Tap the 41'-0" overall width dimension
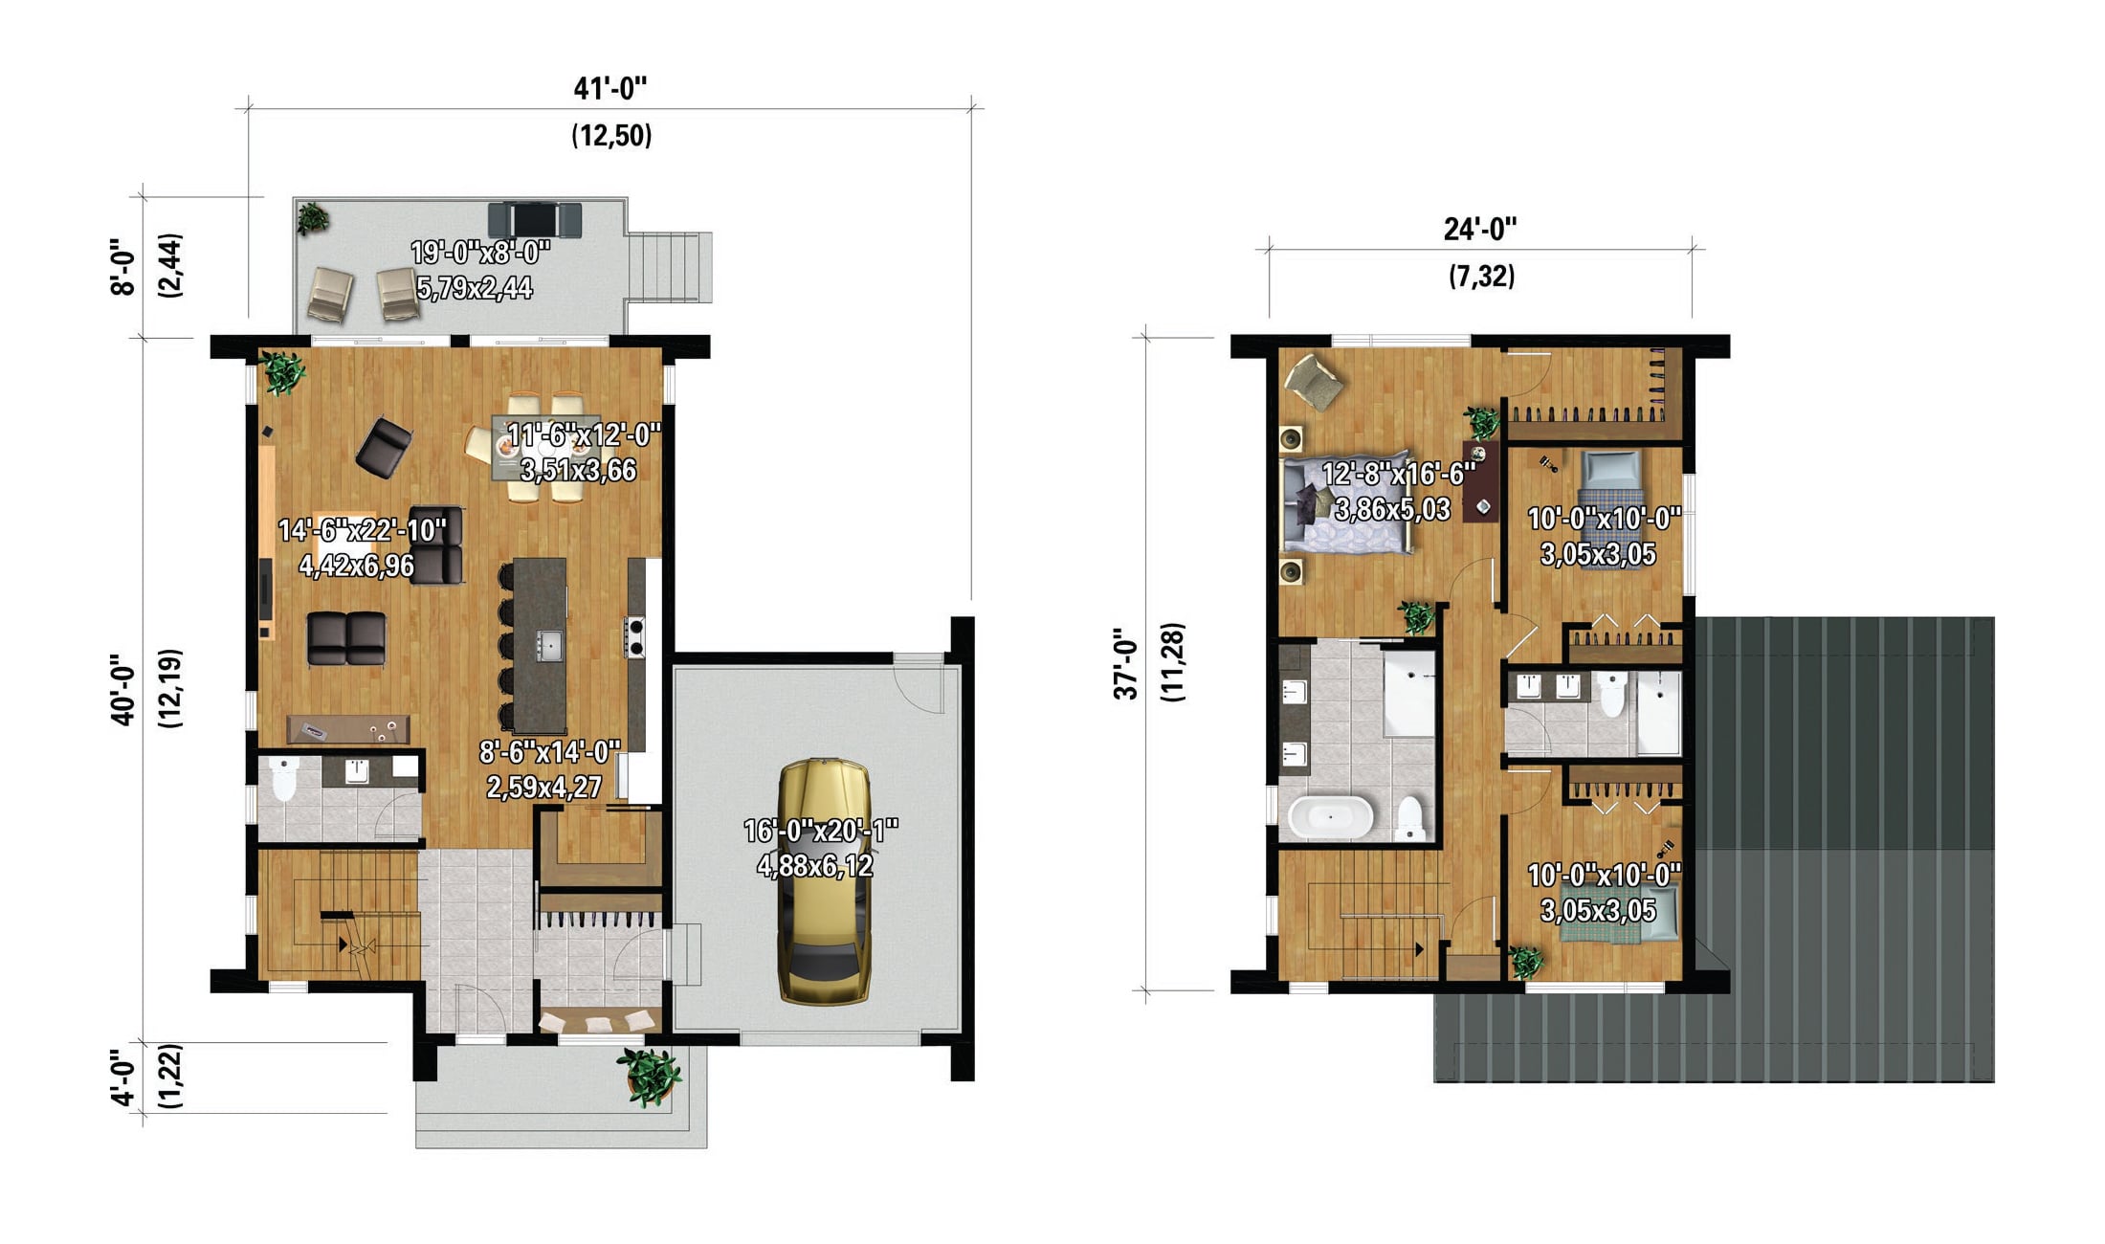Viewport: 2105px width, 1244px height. (610, 89)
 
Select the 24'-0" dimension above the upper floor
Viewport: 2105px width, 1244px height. (1480, 230)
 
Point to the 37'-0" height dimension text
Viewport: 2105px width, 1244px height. (1126, 664)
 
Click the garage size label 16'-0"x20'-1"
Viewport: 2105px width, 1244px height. (821, 831)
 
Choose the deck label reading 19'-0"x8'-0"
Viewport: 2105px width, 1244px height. (480, 253)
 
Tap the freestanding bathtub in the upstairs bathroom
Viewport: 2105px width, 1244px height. (1330, 818)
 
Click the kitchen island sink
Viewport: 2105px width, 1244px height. (549, 645)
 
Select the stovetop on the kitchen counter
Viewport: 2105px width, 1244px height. (635, 636)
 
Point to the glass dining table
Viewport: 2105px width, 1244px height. (542, 447)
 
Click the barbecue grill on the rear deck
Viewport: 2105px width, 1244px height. (534, 219)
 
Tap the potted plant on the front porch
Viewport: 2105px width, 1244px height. (650, 1075)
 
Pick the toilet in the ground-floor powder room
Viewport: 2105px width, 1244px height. (283, 779)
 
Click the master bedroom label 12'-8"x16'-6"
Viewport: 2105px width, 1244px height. (1398, 474)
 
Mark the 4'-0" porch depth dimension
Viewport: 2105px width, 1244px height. (122, 1078)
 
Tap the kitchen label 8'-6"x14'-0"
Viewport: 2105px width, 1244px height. (550, 752)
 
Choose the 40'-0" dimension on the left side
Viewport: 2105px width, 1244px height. (122, 690)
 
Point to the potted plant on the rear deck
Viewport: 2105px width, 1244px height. (312, 217)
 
